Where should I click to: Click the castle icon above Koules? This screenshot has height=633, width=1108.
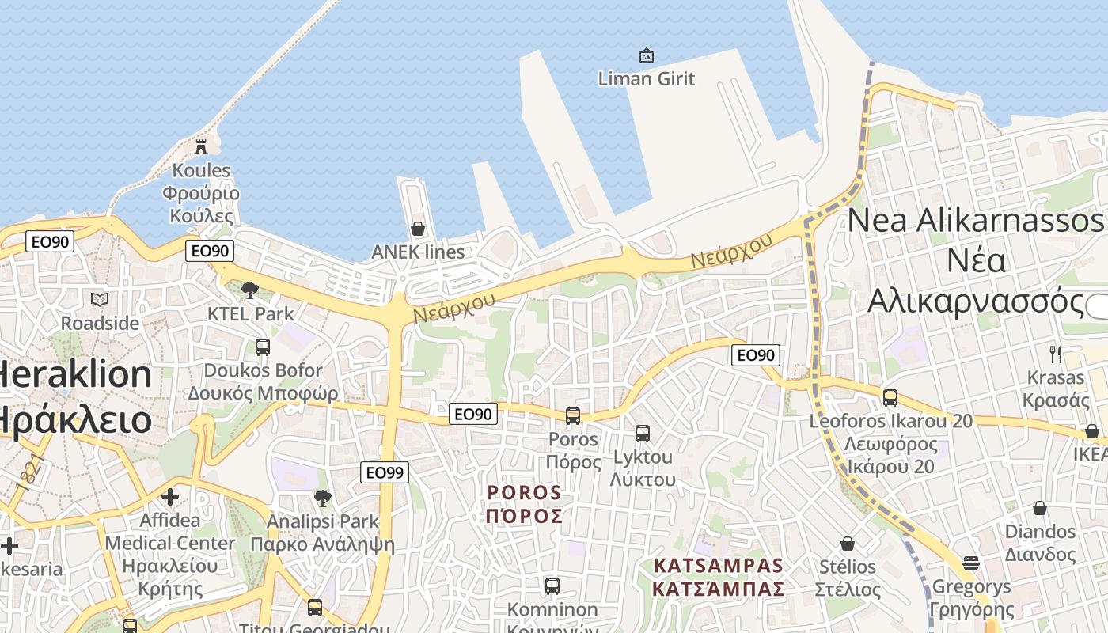coord(201,146)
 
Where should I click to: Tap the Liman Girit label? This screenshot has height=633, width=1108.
coord(646,78)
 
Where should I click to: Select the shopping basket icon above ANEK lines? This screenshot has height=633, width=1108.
coord(418,229)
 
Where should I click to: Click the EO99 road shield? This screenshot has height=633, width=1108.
coord(385,472)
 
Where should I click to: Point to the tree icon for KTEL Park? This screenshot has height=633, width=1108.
coord(250,290)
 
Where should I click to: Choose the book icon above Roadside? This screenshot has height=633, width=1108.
coord(100,299)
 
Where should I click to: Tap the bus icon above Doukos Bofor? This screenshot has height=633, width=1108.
coord(263,347)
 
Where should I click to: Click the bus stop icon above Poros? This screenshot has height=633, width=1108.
coord(573,415)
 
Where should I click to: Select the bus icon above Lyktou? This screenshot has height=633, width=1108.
coord(643,433)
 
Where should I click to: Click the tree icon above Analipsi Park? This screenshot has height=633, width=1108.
coord(322,498)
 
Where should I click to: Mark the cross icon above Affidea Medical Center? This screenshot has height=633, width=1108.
coord(170,497)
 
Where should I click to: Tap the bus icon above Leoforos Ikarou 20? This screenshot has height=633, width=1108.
coord(890,397)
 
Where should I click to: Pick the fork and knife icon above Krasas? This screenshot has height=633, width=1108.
coord(1055,354)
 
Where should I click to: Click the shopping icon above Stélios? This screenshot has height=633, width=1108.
coord(848,544)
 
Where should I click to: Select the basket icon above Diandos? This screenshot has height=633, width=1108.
coord(1040,508)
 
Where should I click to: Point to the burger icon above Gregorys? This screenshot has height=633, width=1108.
coord(971,563)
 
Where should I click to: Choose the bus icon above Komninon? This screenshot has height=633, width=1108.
coord(552,586)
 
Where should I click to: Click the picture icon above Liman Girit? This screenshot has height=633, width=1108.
coord(647,55)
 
